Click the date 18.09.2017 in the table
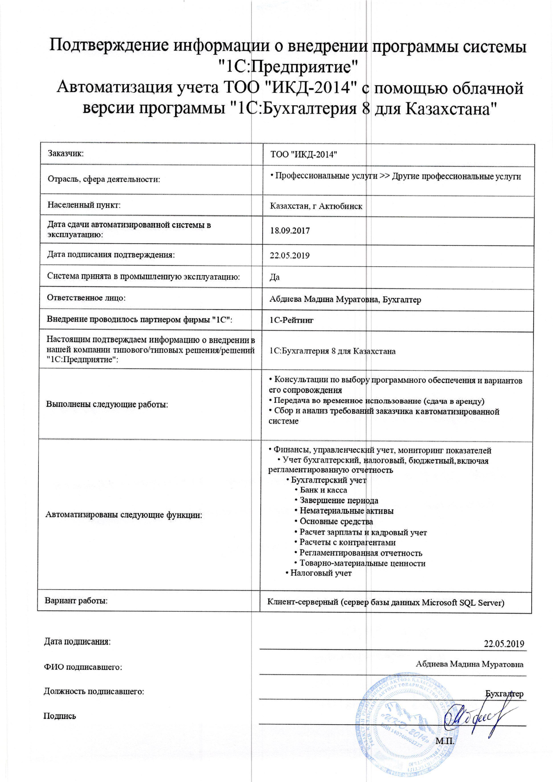290,231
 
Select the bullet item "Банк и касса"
323,490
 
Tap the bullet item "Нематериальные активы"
346,511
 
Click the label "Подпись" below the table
60,716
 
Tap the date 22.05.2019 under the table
504,644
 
